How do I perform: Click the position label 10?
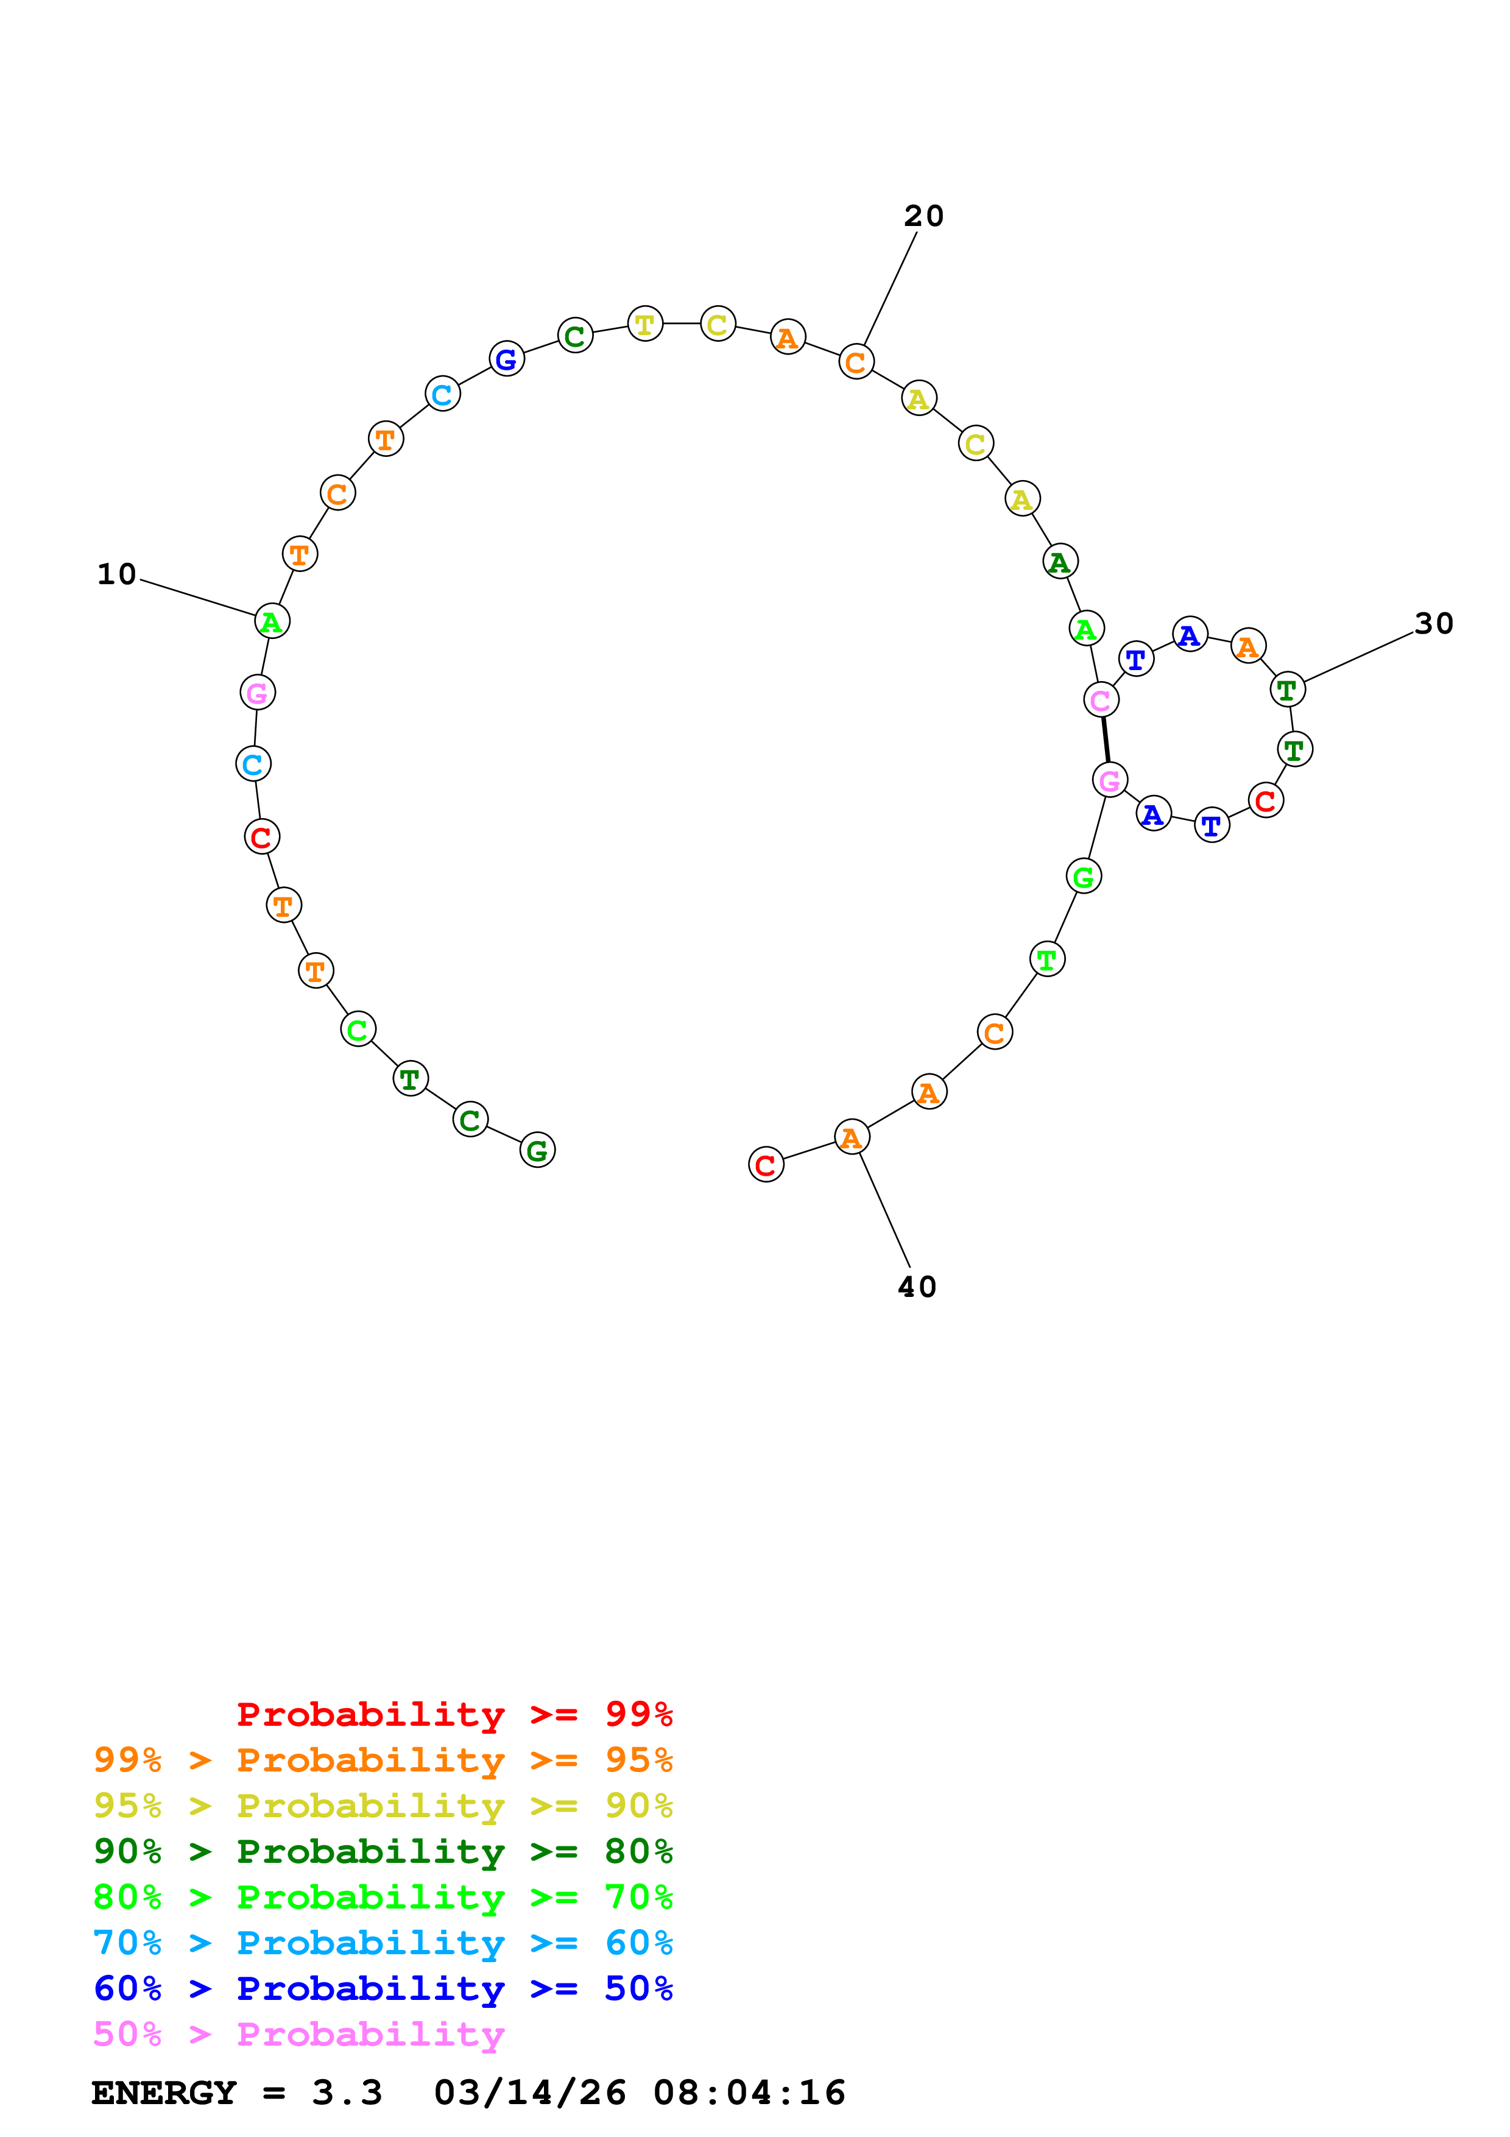pyautogui.click(x=116, y=574)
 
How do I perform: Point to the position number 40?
pyautogui.click(x=917, y=1287)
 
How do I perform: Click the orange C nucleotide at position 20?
pyautogui.click(x=856, y=361)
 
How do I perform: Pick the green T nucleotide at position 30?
pyautogui.click(x=1286, y=690)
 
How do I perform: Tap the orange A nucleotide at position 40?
pyautogui.click(x=852, y=1137)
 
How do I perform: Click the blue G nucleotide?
pyautogui.click(x=506, y=358)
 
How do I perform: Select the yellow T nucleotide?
pyautogui.click(x=645, y=324)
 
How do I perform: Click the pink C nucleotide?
pyautogui.click(x=1101, y=700)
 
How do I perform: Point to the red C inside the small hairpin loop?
pyautogui.click(x=1265, y=800)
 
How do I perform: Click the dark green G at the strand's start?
pyautogui.click(x=537, y=1150)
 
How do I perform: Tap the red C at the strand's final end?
pyautogui.click(x=766, y=1164)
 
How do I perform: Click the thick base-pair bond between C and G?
pyautogui.click(x=1106, y=740)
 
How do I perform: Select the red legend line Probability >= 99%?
pyautogui.click(x=454, y=1714)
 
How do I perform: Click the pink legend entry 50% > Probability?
pyautogui.click(x=298, y=2035)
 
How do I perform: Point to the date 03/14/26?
pyautogui.click(x=529, y=2093)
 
